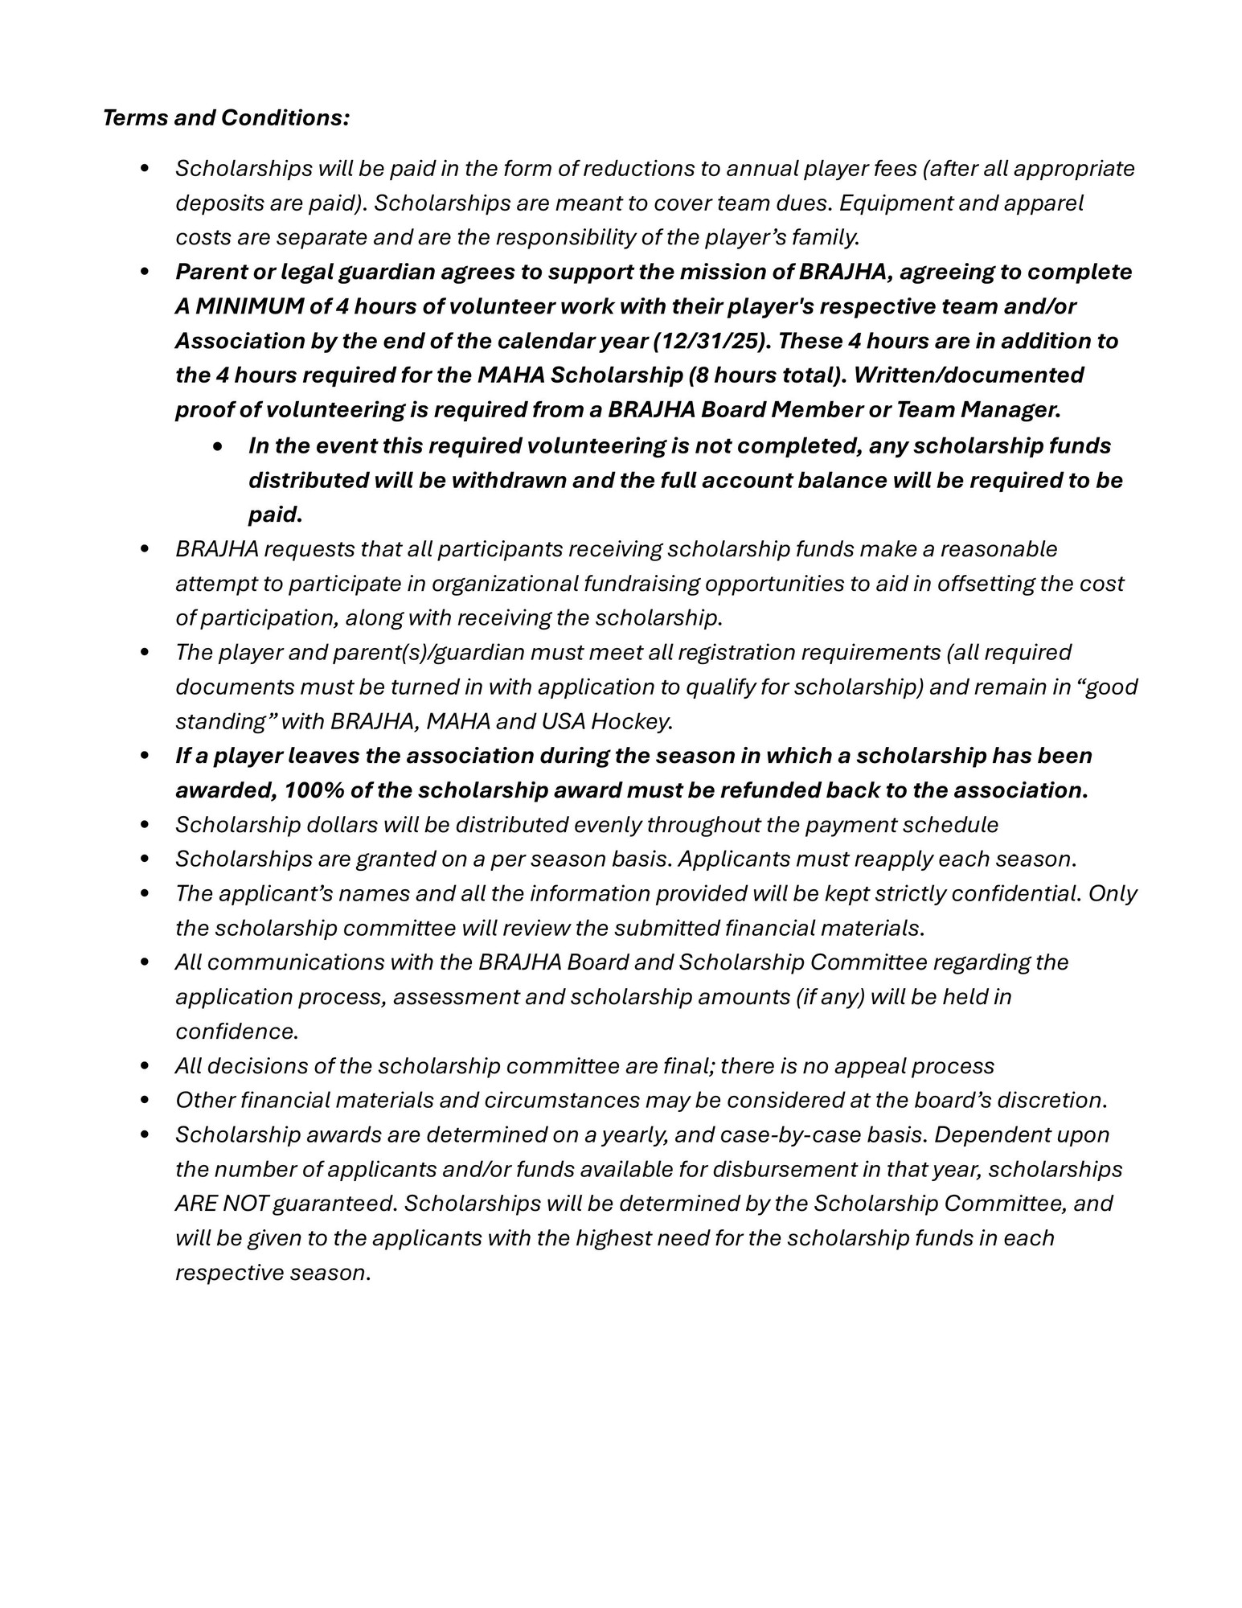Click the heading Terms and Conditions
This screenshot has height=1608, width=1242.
[226, 118]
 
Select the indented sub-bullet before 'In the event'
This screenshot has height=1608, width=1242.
[218, 445]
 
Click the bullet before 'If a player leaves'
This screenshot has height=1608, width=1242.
[145, 756]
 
